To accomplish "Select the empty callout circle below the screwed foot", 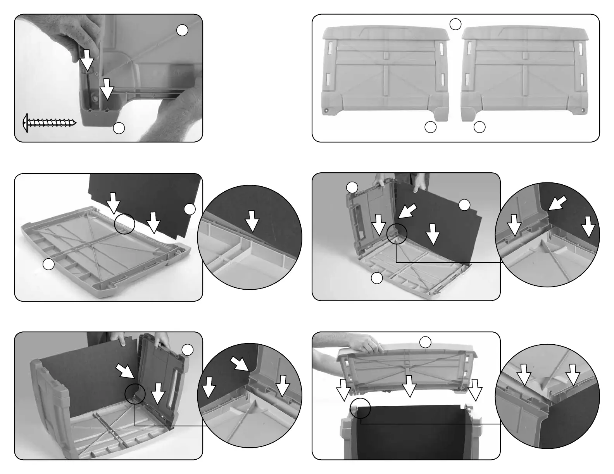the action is tap(119, 128).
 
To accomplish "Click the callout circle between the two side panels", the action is tap(455, 24).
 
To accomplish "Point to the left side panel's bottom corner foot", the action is tap(440, 114).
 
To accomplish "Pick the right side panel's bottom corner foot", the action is tap(469, 114).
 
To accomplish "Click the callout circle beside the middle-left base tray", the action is tap(48, 264).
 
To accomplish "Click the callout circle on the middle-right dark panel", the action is tap(464, 205).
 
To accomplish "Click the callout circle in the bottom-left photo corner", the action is tap(188, 350).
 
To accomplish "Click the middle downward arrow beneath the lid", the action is tap(409, 385).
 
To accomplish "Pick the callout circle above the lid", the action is tap(425, 342).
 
